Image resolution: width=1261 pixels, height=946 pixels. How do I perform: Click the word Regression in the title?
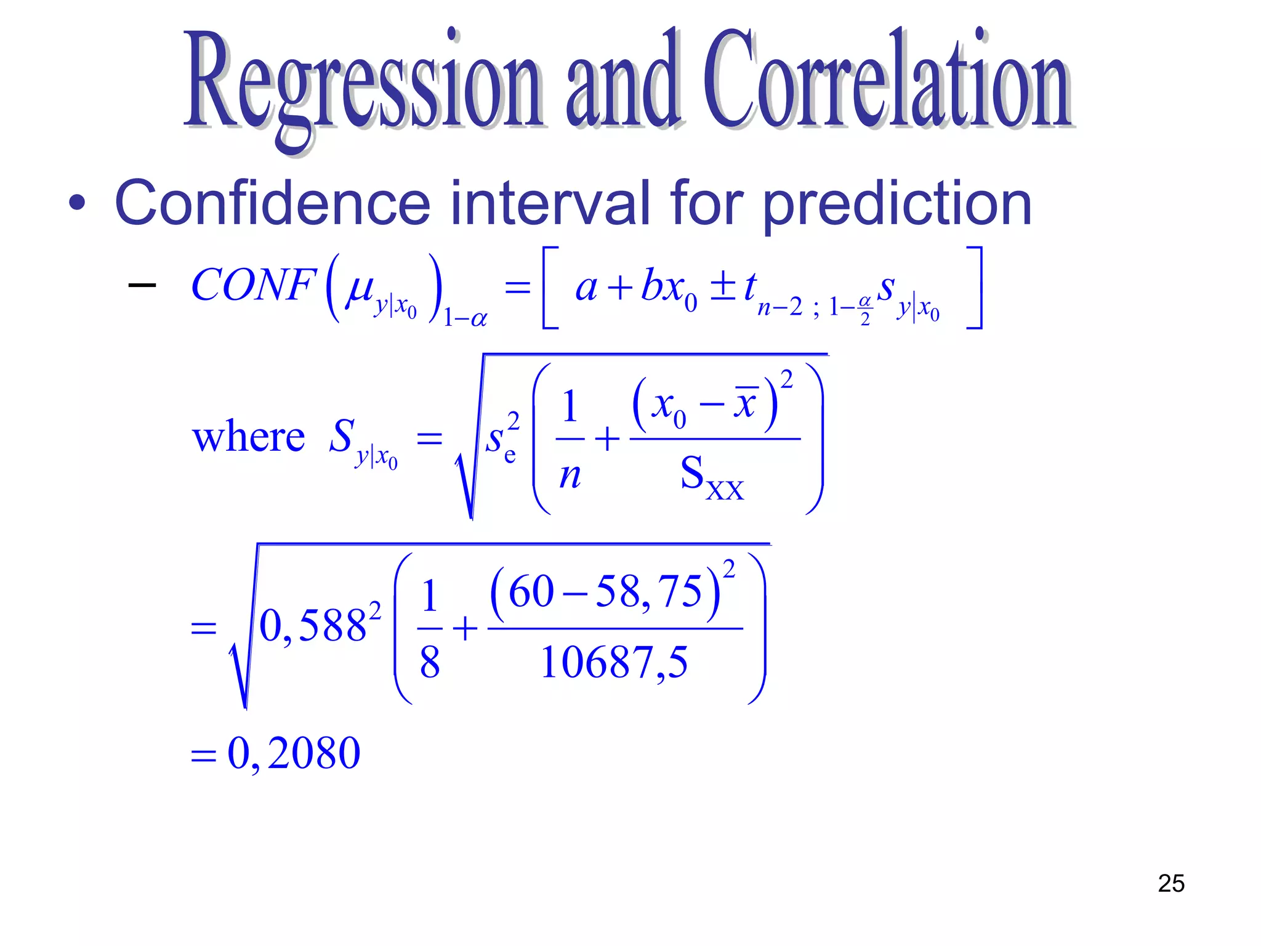tap(363, 83)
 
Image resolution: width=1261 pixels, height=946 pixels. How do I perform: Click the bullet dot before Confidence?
tap(77, 203)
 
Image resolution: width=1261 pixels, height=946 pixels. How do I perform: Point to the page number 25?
tap(1171, 883)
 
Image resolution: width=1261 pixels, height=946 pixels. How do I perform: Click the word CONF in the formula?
tap(254, 285)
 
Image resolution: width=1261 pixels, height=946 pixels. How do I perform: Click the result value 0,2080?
tap(294, 753)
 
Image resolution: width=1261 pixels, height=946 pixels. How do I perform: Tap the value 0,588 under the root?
tap(313, 626)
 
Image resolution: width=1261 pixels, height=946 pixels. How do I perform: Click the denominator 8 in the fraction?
tap(430, 663)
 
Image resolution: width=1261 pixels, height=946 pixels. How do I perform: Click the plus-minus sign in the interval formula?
tap(723, 287)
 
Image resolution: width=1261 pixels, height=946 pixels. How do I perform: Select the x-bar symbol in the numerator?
tap(744, 404)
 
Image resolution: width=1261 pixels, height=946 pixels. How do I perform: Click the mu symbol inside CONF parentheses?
tap(360, 287)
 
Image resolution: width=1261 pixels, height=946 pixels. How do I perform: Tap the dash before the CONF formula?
tap(142, 285)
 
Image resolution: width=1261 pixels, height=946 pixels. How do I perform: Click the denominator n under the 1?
tap(570, 476)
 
